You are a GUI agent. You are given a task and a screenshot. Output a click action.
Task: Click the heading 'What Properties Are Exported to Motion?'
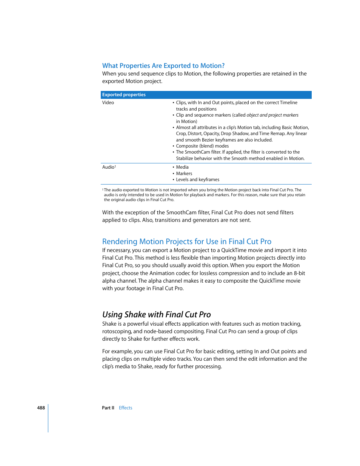(x=163, y=66)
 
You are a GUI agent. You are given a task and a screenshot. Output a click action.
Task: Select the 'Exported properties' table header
(x=124, y=95)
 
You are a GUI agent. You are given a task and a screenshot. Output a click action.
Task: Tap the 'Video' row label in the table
(x=108, y=103)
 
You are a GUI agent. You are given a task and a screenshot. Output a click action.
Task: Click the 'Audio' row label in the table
(x=108, y=167)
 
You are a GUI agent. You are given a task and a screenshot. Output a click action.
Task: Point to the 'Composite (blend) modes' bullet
(x=202, y=146)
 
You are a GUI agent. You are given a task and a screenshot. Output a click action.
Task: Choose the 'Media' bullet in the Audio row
(x=182, y=167)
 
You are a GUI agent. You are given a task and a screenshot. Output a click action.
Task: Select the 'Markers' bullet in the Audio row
(x=184, y=174)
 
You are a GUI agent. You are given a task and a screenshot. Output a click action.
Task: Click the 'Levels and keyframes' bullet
(x=197, y=180)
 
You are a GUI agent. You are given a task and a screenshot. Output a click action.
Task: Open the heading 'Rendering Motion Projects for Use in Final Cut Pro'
(x=187, y=241)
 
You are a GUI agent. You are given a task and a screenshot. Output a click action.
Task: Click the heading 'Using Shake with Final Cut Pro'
(x=156, y=315)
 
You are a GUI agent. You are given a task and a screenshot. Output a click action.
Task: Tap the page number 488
(x=41, y=408)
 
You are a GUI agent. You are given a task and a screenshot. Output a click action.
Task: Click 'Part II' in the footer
(x=108, y=408)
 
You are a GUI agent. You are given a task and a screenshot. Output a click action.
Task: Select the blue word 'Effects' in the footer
(x=125, y=408)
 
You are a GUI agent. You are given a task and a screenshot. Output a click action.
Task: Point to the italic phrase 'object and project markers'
(x=272, y=115)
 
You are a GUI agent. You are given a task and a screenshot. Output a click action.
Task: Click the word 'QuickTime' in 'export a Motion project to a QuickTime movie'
(x=234, y=250)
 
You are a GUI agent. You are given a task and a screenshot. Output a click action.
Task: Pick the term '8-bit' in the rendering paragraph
(x=299, y=273)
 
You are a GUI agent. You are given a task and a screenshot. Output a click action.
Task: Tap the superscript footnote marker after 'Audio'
(x=115, y=166)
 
